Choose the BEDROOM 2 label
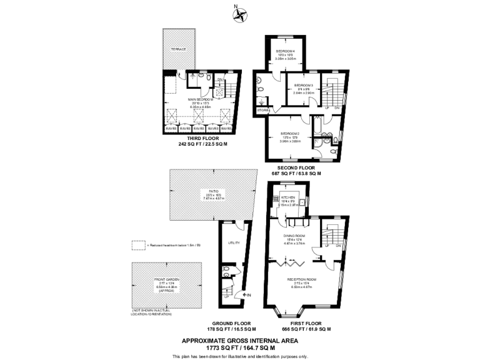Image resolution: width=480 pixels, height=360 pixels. pos(290,133)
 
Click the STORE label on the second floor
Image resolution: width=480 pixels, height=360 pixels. pos(262,111)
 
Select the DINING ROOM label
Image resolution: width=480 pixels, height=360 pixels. pos(294,237)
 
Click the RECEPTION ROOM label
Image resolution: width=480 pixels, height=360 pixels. pos(302,279)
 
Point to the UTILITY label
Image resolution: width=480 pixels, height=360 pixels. pos(234,242)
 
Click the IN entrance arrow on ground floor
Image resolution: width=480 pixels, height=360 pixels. pos(248,295)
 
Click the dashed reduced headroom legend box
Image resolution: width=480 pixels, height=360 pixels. pos(138,245)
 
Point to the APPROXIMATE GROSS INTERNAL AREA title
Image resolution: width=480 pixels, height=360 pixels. pos(240,341)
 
